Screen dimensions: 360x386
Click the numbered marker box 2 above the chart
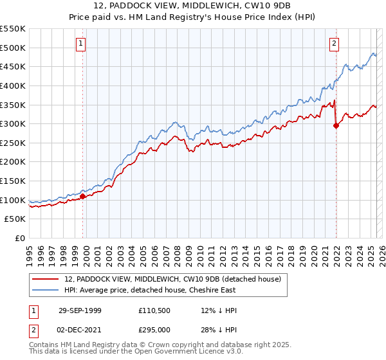335,44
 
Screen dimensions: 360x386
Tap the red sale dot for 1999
83,196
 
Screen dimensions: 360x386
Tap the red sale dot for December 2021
336,126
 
